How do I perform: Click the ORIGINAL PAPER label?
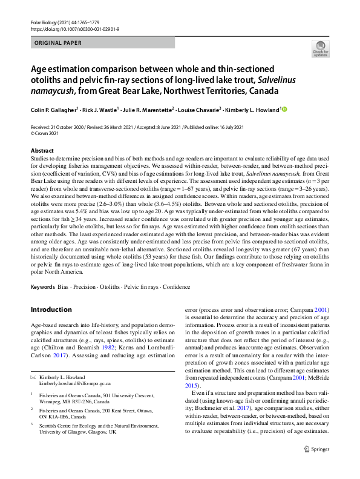click(x=59, y=44)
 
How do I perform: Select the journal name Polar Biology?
click(x=46, y=22)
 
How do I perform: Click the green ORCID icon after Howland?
click(x=284, y=110)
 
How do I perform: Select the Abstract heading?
click(x=42, y=150)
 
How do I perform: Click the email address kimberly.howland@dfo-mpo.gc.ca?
click(x=75, y=384)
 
